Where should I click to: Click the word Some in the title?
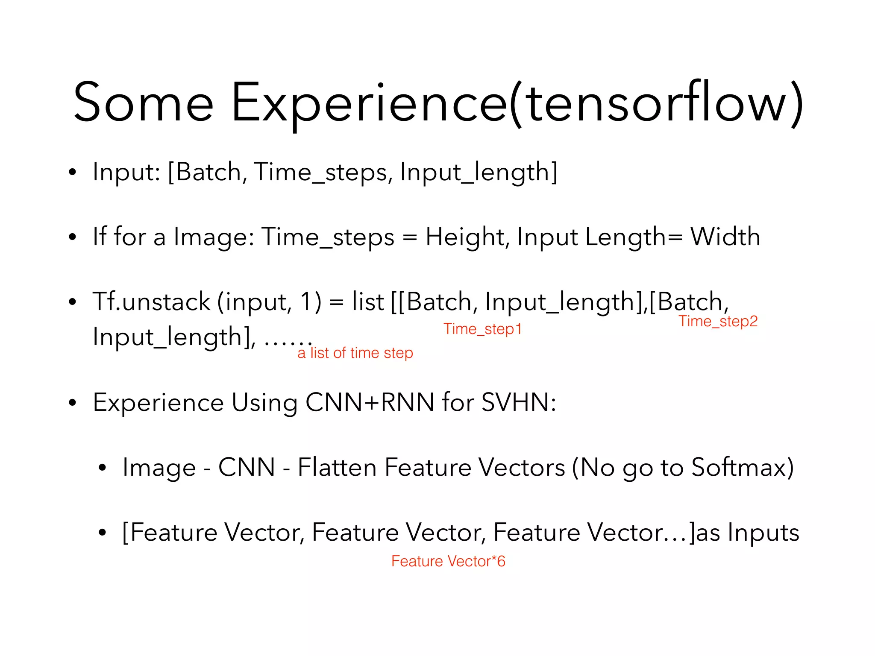pos(143,102)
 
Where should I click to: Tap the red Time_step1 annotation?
pos(482,329)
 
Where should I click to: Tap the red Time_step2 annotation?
pos(718,321)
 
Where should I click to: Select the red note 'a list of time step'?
pos(355,353)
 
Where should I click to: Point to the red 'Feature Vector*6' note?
pos(448,561)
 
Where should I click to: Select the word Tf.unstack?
pos(151,302)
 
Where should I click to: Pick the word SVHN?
pos(518,402)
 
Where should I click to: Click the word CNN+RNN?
pos(370,402)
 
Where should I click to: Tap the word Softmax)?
pos(743,467)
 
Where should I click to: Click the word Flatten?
pos(337,467)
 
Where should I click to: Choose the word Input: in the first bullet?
pos(126,172)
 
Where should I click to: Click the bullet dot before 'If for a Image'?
pos(72,237)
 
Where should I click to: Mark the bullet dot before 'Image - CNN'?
pos(102,468)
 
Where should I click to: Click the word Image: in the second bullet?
pos(214,237)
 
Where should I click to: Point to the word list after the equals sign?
pos(367,302)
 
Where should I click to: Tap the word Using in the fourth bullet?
pos(264,403)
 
